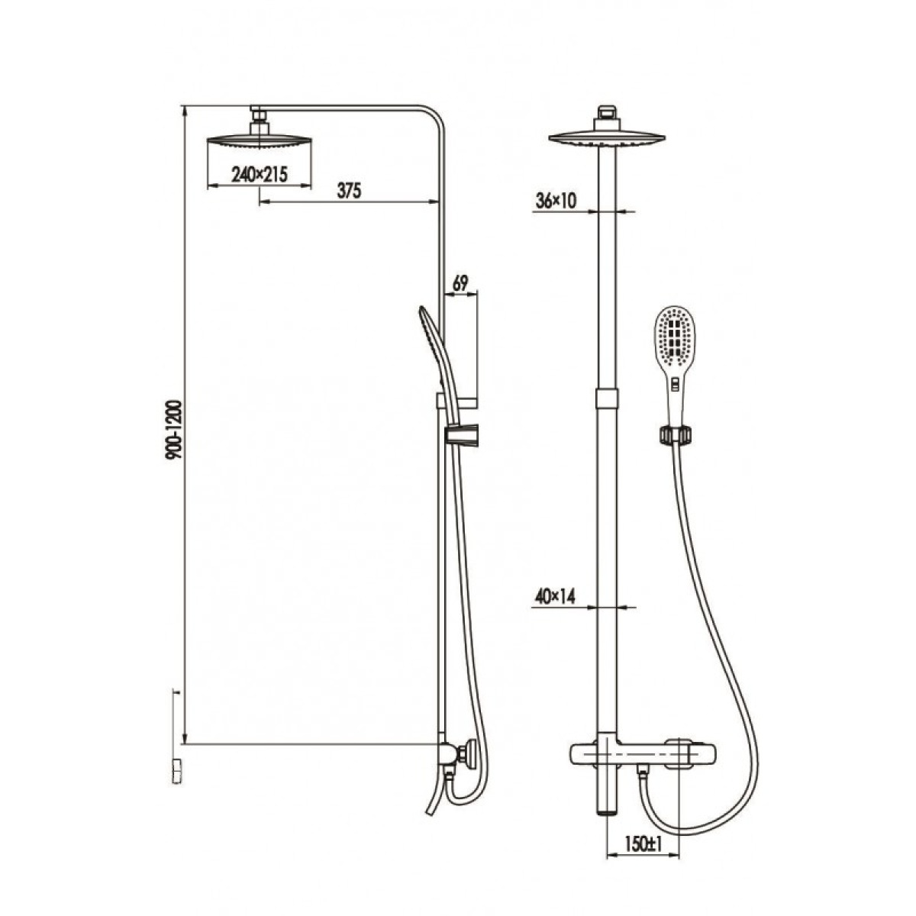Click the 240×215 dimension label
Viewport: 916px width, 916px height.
coord(259,175)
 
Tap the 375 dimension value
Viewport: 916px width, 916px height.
coord(350,191)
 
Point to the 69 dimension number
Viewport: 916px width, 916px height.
coord(460,283)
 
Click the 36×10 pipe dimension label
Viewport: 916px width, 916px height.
coord(555,201)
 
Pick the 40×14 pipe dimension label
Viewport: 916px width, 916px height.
coord(555,597)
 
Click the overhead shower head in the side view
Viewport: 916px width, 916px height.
coord(260,143)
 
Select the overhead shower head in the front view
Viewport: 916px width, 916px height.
coord(607,138)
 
